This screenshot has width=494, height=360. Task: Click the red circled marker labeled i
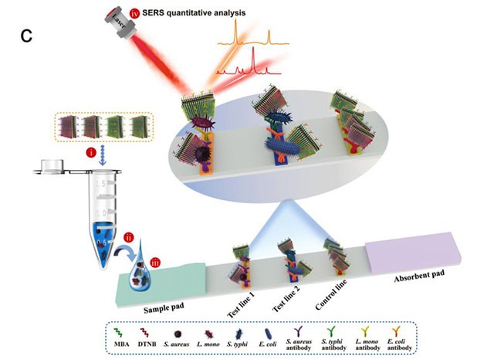point(92,153)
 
